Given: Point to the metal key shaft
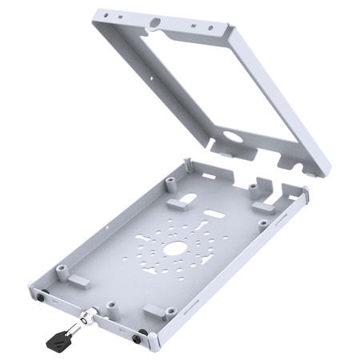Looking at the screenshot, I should tap(74, 326).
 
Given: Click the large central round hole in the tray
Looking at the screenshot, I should tap(173, 249).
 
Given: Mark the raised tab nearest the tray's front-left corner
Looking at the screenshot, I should tap(76, 282).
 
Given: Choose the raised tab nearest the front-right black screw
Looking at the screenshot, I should tap(154, 311).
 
